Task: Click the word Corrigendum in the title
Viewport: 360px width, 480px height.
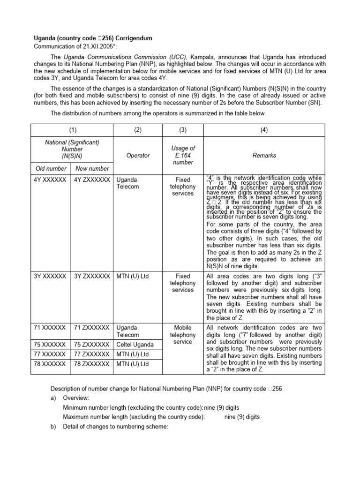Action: tap(129, 37)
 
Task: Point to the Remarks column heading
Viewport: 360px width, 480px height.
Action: tap(265, 155)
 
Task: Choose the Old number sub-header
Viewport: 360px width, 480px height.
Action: tap(51, 168)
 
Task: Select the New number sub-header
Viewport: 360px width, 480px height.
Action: tap(91, 168)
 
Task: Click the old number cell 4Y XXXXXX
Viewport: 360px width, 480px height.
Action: tap(51, 180)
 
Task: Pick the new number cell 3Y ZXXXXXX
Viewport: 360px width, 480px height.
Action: tap(92, 276)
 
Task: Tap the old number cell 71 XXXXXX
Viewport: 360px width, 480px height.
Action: tap(51, 328)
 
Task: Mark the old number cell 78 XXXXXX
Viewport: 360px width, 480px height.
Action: tap(51, 364)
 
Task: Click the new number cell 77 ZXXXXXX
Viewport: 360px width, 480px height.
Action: tap(92, 353)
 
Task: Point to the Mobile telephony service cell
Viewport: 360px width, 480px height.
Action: tap(182, 335)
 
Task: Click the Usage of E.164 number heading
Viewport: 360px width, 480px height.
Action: tap(182, 155)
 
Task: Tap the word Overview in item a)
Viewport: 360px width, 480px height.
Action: tap(76, 398)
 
